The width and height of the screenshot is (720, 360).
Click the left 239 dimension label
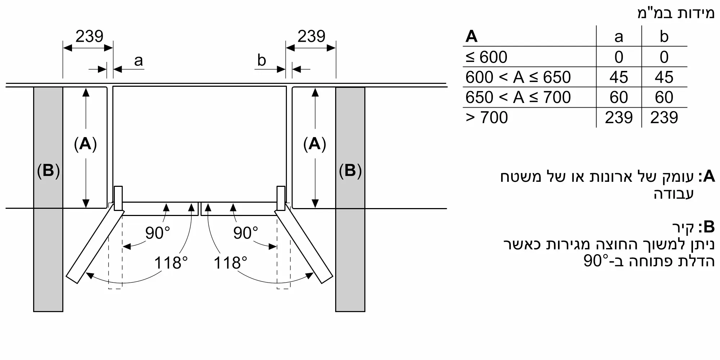pos(89,36)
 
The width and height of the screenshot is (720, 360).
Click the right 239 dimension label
pos(311,36)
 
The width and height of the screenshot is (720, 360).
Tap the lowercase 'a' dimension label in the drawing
pos(138,60)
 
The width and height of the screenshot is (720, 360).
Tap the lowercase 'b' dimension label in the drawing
pos(261,60)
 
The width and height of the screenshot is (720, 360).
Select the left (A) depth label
pos(85,144)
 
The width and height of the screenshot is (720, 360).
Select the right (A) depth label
pos(315,144)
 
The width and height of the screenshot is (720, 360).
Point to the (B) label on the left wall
pos(48,170)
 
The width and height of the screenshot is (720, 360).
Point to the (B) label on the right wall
pos(350,170)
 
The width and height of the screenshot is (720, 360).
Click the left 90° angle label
pos(157,233)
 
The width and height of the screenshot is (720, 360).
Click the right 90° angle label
pos(246,233)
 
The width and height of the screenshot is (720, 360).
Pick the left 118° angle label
pos(171,263)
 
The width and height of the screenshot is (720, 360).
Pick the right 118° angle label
pos(230,263)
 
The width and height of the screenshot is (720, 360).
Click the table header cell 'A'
pos(471,37)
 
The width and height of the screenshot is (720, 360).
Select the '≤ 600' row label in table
pos(486,57)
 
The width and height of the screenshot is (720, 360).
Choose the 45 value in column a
pos(618,77)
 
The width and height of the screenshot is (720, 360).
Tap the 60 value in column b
pos(664,98)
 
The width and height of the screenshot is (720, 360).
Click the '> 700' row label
pos(486,118)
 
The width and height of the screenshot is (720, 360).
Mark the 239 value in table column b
pos(664,118)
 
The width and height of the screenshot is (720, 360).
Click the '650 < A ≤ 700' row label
pos(518,98)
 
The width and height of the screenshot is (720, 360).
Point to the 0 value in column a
pos(618,57)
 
